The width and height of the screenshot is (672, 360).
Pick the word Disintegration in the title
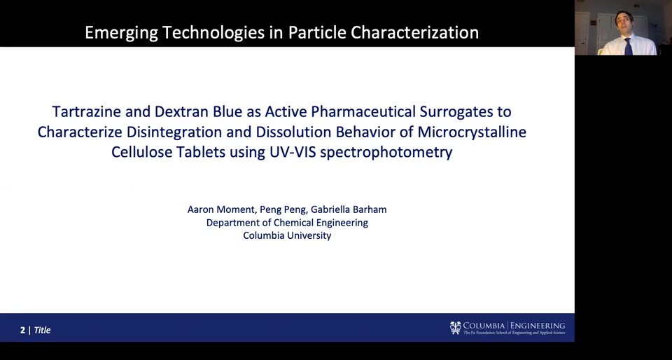[x=174, y=132]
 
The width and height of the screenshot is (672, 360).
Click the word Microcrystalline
[x=472, y=132]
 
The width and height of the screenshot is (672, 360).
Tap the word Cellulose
[x=142, y=152]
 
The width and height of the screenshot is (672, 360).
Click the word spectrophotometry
[x=386, y=153]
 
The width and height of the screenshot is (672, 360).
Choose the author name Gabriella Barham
[x=349, y=209]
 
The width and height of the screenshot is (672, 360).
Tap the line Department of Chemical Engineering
[x=287, y=223]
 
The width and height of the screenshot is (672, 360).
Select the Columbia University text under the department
[x=287, y=236]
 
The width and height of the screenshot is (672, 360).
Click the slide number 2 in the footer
[x=22, y=330]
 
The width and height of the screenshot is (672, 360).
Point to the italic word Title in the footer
[x=43, y=330]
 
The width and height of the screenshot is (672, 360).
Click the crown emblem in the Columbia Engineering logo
[x=455, y=328]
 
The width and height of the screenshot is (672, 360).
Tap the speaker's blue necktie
[x=628, y=47]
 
